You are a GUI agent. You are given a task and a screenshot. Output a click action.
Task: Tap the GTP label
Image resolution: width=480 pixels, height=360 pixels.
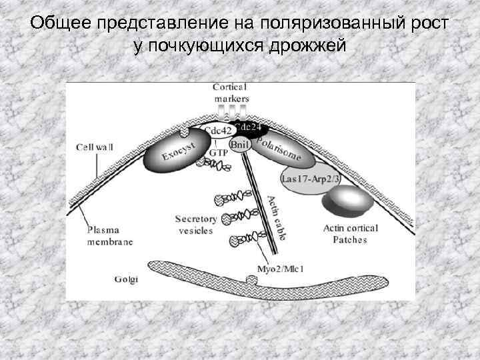click(x=219, y=153)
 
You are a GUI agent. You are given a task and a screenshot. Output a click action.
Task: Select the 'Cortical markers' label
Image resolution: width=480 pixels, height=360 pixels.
click(x=230, y=92)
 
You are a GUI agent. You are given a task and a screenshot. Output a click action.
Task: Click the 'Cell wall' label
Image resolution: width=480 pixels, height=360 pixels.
click(x=94, y=146)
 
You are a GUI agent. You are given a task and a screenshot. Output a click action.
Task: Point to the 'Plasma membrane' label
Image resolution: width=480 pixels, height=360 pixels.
click(x=110, y=235)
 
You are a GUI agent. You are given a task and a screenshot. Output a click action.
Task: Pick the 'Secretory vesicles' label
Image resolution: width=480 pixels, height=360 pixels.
click(x=195, y=224)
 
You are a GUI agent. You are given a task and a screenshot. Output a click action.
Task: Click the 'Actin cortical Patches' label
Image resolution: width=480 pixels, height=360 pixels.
click(x=349, y=234)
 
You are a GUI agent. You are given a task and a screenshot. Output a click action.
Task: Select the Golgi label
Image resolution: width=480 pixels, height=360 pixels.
click(x=125, y=279)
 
